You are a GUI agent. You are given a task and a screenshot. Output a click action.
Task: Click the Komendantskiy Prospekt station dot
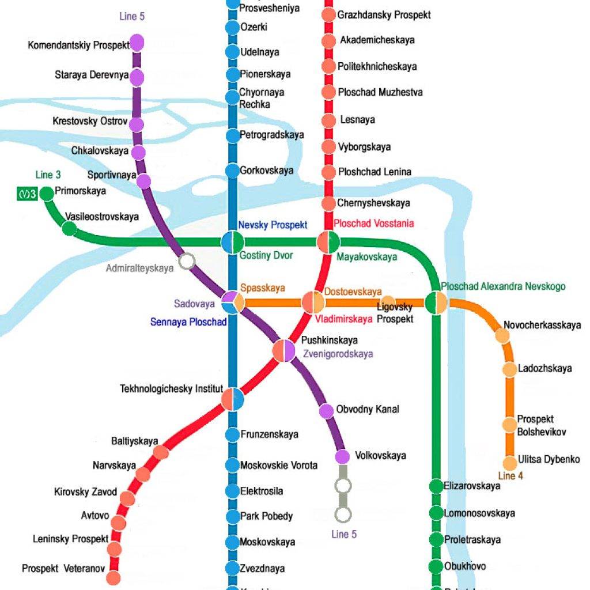[x=137, y=43]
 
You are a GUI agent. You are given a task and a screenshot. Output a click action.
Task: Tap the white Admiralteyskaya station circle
[x=186, y=262]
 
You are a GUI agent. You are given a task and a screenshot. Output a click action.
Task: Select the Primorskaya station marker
[x=46, y=194]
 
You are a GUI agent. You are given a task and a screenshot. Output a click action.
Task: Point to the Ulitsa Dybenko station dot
[x=509, y=463]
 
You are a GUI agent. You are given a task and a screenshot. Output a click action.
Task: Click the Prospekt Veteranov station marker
[x=114, y=577]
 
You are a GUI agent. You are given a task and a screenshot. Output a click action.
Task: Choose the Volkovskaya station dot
[x=342, y=456]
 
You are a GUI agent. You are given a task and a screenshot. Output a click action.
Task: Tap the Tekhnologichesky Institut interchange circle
[x=233, y=399]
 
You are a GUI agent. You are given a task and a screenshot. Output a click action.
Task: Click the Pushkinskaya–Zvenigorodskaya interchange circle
[x=283, y=350]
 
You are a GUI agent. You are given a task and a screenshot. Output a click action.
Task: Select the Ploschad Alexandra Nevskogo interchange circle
[x=436, y=302]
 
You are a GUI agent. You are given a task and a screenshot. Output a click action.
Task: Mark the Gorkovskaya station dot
[x=232, y=171]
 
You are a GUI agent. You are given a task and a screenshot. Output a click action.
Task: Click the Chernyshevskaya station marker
[x=328, y=203]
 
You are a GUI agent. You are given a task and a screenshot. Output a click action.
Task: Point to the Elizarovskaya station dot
[x=436, y=486]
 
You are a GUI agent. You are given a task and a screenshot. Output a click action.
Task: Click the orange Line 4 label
[x=510, y=476]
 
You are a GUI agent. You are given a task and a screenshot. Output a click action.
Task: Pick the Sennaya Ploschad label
[x=188, y=322]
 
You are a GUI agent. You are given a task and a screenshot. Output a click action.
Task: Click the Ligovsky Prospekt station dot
[x=388, y=302]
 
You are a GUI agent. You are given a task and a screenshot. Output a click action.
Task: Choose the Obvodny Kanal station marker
[x=326, y=411]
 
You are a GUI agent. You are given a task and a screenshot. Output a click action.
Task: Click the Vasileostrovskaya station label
[x=102, y=217]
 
